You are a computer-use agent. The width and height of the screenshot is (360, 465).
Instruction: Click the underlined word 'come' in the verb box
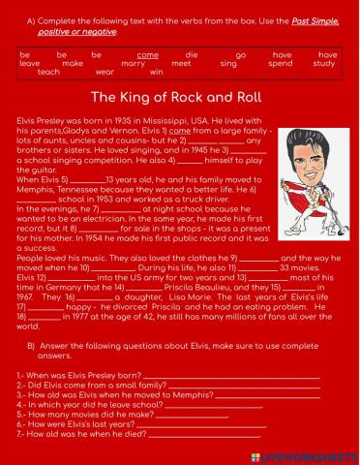[148, 56]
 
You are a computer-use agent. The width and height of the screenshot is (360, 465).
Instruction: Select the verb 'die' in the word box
[192, 56]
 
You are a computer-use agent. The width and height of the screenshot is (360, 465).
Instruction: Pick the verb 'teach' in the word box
[48, 72]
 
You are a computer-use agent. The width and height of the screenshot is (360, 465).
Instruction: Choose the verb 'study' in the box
[325, 64]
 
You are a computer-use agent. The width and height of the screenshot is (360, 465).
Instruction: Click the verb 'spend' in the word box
[280, 64]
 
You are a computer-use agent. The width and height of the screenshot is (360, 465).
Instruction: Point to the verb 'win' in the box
[157, 72]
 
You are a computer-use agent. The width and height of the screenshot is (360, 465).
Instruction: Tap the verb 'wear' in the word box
[105, 72]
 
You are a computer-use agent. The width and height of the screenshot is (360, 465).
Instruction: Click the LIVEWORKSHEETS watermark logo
[312, 454]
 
